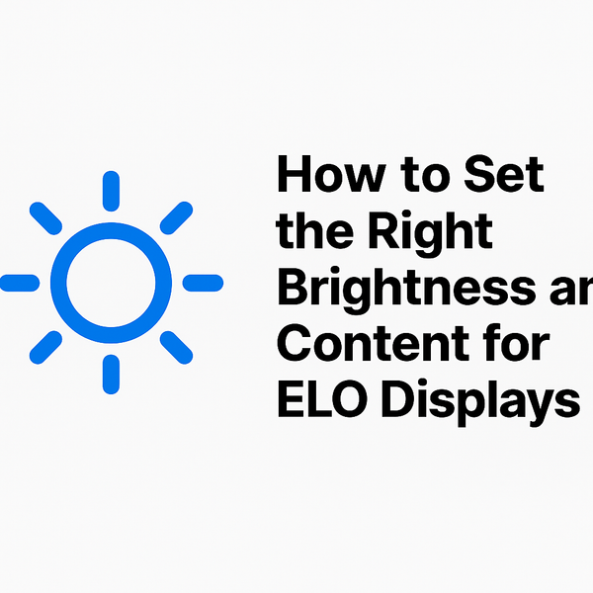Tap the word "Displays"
point(480,403)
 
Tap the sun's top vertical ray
point(111,190)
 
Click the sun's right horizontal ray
point(203,283)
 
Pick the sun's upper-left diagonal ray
point(45,217)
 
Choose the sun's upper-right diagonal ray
point(176,217)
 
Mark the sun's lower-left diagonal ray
point(45,347)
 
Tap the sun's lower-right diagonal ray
point(176,347)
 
